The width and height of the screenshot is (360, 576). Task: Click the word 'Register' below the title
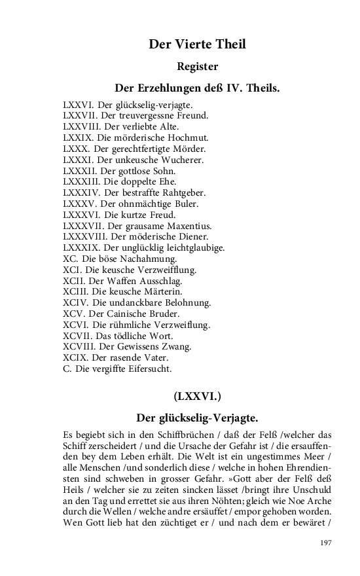click(x=197, y=66)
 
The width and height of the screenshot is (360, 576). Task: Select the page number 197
click(x=324, y=543)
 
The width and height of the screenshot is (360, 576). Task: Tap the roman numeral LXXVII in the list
click(x=80, y=116)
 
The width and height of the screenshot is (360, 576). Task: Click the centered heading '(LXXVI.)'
click(x=197, y=396)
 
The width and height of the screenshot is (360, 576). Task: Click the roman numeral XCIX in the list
click(x=74, y=357)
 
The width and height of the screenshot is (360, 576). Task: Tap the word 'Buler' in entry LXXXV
click(x=182, y=204)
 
